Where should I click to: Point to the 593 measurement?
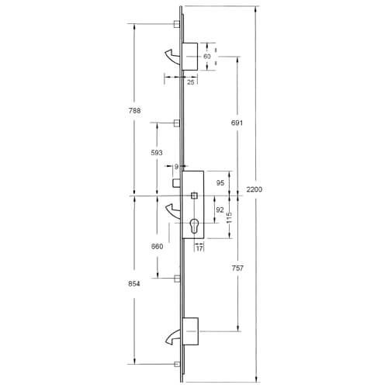click(157, 152)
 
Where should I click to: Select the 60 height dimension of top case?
click(207, 57)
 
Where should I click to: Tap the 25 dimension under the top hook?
click(190, 81)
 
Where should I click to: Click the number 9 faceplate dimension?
click(176, 166)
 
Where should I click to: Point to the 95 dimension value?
click(219, 183)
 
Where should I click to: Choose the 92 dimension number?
click(219, 210)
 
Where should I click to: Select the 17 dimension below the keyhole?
click(199, 248)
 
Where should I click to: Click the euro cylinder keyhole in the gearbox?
click(194, 228)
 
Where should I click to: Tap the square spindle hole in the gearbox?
click(194, 194)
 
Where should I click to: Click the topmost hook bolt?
click(171, 54)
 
